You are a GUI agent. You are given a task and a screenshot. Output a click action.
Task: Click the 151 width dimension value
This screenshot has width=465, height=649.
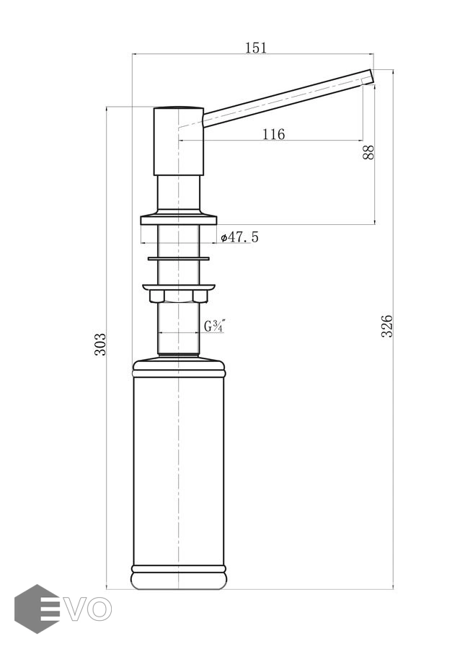point(256,48)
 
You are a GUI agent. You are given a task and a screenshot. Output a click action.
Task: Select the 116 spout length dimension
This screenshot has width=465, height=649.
point(273,134)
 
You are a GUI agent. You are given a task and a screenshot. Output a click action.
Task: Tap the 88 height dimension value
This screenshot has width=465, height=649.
point(368,152)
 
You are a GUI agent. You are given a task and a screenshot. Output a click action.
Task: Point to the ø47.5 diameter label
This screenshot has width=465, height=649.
point(239,237)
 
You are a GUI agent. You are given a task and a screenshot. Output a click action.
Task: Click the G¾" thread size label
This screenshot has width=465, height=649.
point(214,326)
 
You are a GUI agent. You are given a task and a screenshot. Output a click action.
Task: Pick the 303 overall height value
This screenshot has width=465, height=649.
point(100,344)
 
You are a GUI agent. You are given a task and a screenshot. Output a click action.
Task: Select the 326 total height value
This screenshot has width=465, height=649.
point(386,326)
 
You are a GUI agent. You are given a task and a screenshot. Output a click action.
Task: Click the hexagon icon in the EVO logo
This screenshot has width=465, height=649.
point(36,609)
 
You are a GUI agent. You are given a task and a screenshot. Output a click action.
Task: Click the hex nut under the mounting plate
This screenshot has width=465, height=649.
point(178,295)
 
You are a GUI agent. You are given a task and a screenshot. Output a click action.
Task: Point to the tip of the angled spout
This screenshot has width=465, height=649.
point(370,75)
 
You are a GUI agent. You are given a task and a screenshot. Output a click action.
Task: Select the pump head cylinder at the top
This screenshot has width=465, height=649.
point(178,141)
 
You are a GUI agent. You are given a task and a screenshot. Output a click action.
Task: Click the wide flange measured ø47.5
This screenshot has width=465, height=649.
point(178,216)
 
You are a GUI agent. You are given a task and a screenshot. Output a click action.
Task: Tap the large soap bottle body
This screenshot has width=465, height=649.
point(178,469)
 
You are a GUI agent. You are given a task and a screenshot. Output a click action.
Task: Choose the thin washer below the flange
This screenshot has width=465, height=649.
point(178,257)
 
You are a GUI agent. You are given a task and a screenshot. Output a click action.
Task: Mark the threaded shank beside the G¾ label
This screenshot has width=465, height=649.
point(178,328)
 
